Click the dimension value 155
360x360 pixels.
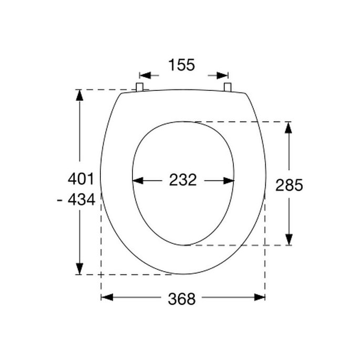pos(181,65)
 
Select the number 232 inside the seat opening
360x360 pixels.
pos(183,180)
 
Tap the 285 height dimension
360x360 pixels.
pos(289,185)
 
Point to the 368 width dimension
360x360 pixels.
pos(182,299)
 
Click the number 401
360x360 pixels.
pos(81,179)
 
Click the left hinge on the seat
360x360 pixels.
pos(140,87)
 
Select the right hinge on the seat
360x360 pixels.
pos(228,87)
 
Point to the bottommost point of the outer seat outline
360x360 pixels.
pos(183,274)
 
